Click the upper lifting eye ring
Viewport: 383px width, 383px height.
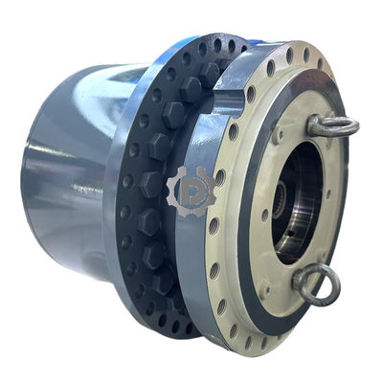334,124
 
